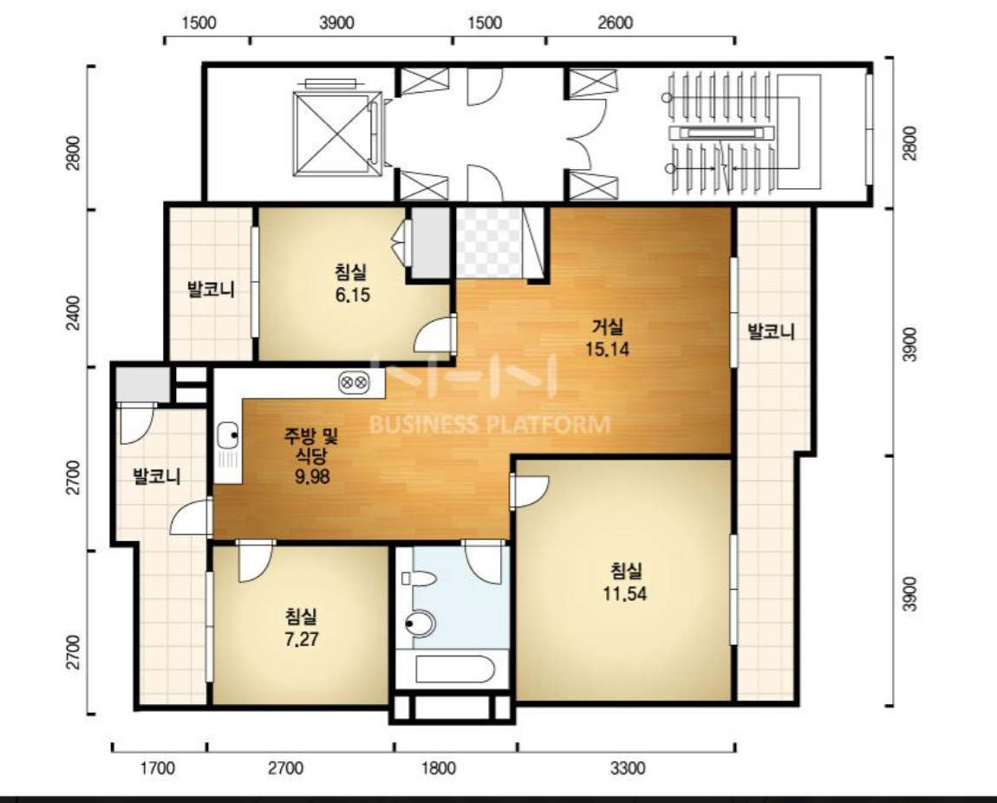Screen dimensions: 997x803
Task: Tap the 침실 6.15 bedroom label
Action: [352, 284]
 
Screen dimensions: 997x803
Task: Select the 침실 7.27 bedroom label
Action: [301, 627]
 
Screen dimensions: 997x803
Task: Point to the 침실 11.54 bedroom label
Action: [625, 582]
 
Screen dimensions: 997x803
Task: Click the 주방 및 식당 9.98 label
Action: [311, 455]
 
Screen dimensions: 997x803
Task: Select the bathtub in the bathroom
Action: [454, 669]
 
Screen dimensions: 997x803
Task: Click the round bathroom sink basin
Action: [420, 623]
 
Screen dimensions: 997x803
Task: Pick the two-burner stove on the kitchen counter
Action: [354, 382]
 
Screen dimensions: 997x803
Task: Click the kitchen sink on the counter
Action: [228, 436]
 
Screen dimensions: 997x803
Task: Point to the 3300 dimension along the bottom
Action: [628, 768]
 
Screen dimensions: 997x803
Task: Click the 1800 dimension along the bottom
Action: [439, 768]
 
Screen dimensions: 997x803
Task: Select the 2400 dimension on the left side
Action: [74, 312]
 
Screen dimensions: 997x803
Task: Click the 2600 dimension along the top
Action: [615, 23]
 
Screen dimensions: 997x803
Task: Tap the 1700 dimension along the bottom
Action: [157, 768]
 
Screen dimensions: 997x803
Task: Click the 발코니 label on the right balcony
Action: [771, 331]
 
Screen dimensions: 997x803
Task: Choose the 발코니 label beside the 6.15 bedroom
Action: [211, 290]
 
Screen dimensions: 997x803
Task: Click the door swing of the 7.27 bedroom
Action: [255, 561]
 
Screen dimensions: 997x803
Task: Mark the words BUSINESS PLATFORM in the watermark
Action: [490, 424]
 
